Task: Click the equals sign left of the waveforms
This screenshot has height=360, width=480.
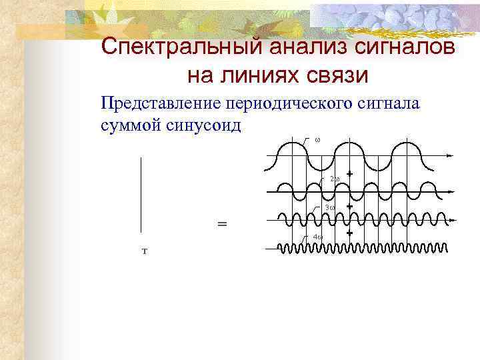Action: pyautogui.click(x=222, y=224)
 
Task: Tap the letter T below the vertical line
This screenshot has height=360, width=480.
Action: pyautogui.click(x=144, y=251)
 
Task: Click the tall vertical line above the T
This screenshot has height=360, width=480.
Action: pyautogui.click(x=141, y=194)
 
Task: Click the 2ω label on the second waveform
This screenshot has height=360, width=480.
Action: pyautogui.click(x=335, y=179)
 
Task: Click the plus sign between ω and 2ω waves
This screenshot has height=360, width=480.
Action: pyautogui.click(x=349, y=175)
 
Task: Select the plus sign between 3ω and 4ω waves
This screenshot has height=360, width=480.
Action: pyautogui.click(x=349, y=233)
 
